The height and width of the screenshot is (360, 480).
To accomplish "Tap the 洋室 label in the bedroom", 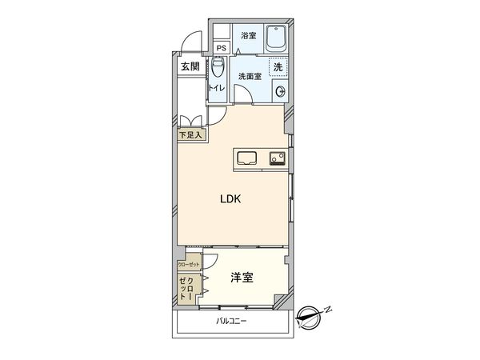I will click(243, 278).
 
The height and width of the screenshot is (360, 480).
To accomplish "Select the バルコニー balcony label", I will click(232, 322).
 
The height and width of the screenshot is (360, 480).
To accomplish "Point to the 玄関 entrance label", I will click(190, 66).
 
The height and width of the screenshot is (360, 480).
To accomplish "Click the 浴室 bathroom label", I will click(248, 35).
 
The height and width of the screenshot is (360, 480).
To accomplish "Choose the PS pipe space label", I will click(220, 47).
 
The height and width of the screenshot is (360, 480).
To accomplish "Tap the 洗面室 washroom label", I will click(250, 76).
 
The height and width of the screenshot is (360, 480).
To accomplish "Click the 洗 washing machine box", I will click(278, 67).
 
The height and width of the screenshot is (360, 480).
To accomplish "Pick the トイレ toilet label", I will click(216, 87).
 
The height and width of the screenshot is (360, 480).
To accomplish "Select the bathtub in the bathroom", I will click(276, 38).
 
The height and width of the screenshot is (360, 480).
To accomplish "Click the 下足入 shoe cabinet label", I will click(191, 135).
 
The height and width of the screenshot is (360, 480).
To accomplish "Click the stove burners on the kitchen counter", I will click(277, 157).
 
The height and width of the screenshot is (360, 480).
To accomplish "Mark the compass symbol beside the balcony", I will click(308, 318).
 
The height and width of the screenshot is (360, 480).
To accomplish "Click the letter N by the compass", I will click(329, 310).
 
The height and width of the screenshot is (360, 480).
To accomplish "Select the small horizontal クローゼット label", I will click(190, 264).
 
